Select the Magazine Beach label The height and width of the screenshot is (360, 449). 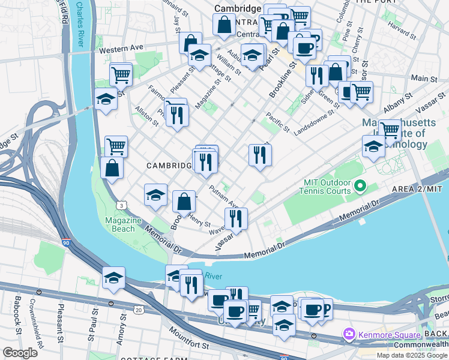124,224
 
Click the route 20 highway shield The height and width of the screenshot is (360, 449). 139,310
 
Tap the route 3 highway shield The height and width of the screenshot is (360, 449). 122,205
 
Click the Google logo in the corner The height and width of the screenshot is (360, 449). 20,353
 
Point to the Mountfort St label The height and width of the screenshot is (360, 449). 188,340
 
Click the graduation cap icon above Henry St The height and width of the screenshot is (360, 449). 155,195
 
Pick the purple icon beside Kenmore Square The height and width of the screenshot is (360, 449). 349,332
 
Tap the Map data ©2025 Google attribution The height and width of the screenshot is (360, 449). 412,355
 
